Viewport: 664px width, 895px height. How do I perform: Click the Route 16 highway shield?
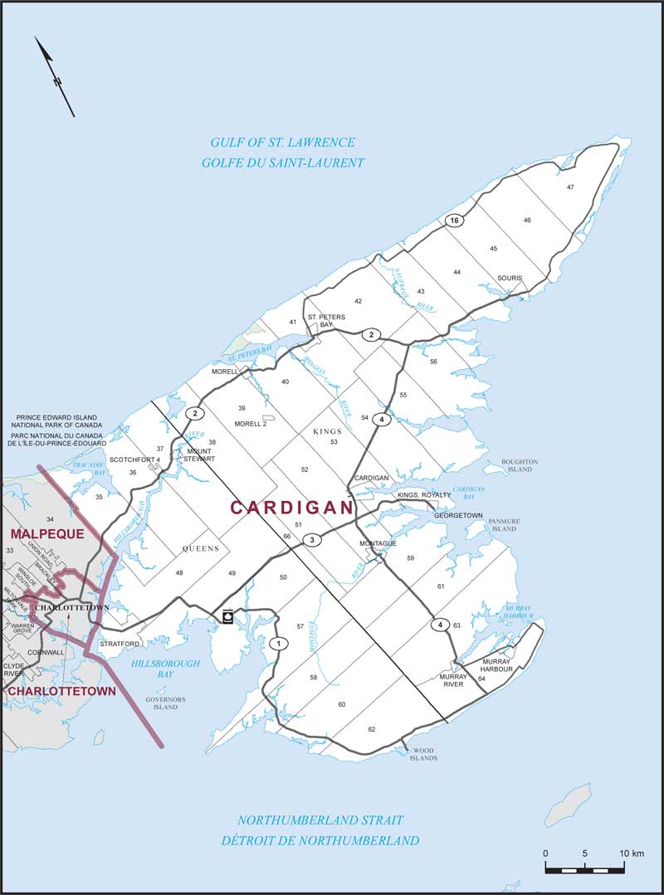[x=452, y=221]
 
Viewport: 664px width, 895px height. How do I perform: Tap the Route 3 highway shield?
[x=311, y=541]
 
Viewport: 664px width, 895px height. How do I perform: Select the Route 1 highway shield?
[x=280, y=643]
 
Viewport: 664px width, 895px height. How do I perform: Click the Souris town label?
[x=510, y=278]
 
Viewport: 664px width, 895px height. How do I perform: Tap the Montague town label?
[x=378, y=543]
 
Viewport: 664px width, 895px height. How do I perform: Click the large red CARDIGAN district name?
[x=291, y=508]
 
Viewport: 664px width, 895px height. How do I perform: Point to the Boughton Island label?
[x=520, y=465]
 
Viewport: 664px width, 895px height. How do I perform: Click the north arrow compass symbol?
[x=55, y=76]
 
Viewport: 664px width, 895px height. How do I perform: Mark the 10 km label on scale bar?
[x=632, y=854]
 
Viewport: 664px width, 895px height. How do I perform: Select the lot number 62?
[x=372, y=729]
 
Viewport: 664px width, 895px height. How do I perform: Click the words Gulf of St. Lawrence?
[x=282, y=143]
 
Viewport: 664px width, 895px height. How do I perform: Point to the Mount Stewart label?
[x=199, y=455]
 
